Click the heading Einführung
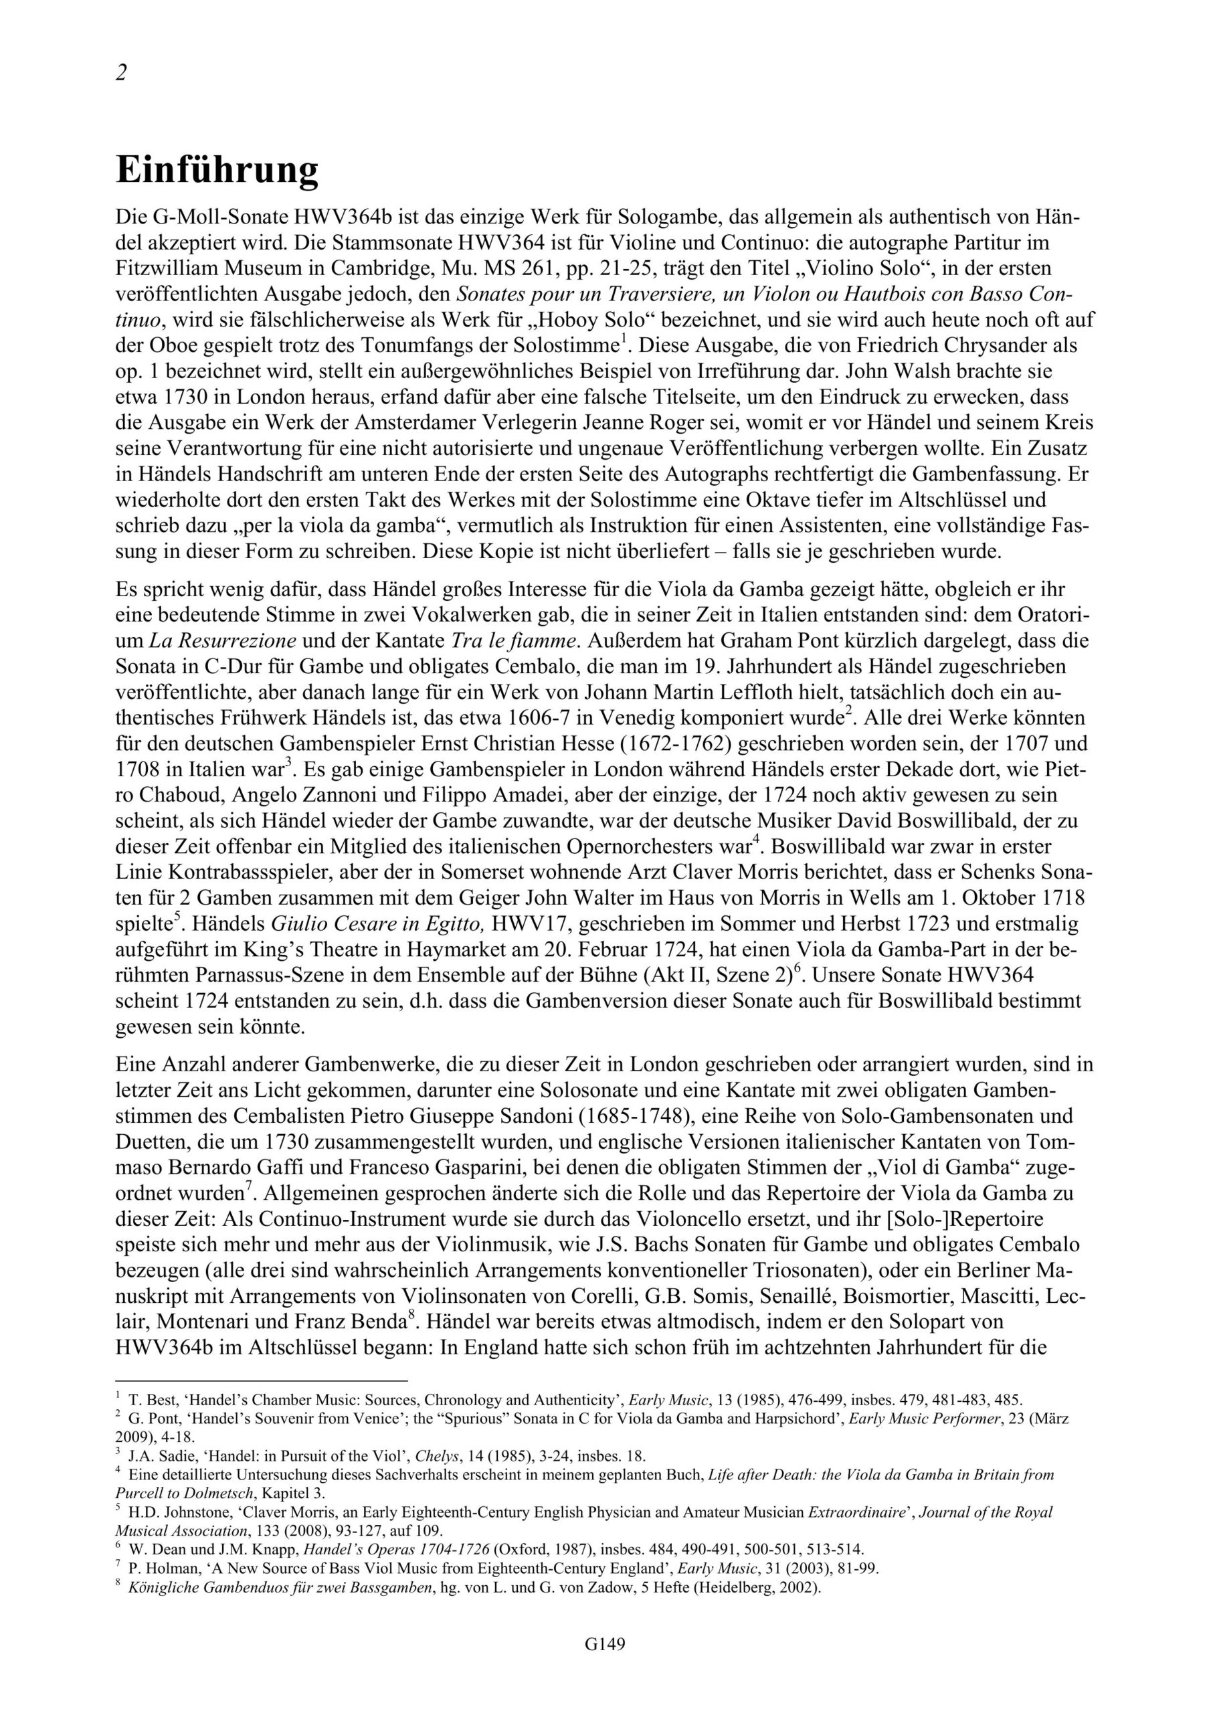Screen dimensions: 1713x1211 click(217, 171)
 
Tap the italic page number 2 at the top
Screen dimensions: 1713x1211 click(122, 73)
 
